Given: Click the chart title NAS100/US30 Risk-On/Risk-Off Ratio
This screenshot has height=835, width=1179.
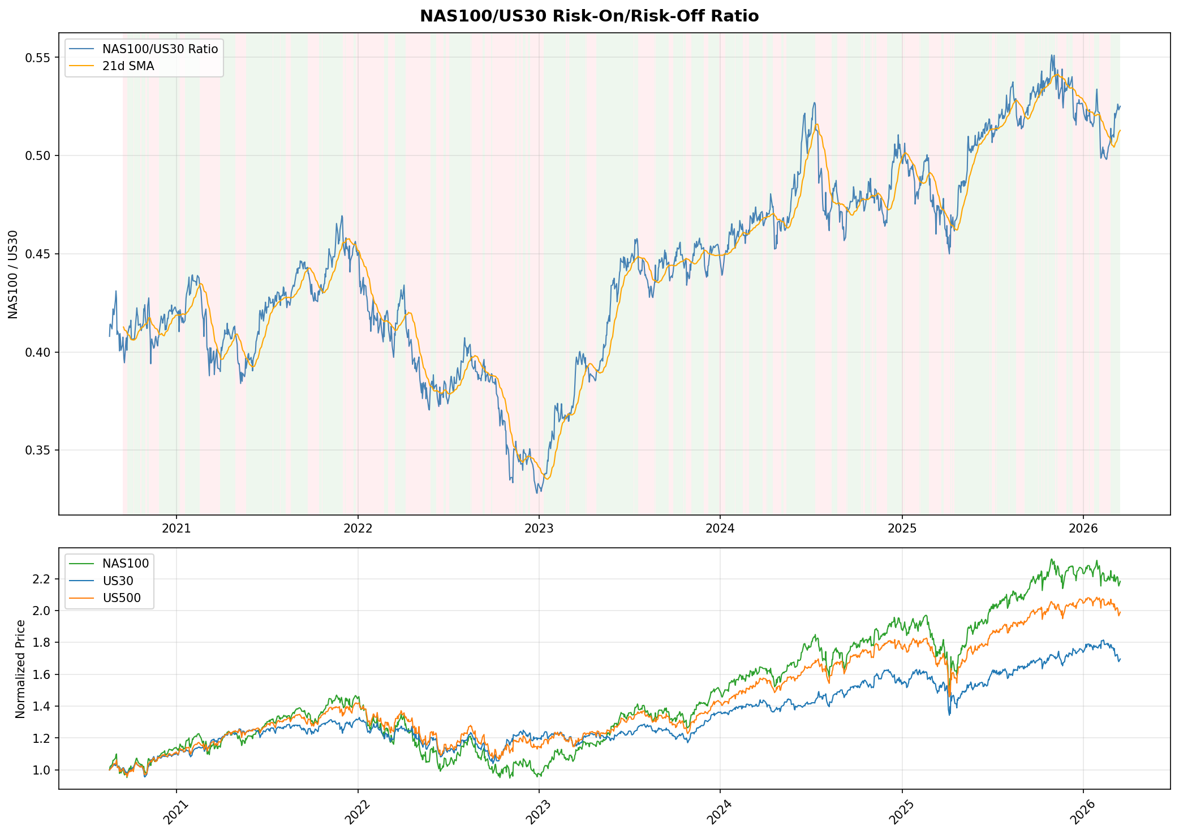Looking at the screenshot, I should point(589,16).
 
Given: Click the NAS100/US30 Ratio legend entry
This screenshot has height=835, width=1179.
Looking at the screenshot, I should point(160,49).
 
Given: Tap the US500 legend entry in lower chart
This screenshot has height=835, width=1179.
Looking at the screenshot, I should point(122,598).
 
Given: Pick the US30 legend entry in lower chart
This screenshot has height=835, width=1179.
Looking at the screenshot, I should point(118,581).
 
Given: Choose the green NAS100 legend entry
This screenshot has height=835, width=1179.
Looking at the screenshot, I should point(126,563).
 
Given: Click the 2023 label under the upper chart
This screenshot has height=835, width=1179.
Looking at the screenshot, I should point(539,530).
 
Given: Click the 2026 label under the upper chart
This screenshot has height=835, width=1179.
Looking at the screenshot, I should point(1082,530).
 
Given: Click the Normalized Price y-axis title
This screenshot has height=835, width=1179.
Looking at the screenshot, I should point(20,669).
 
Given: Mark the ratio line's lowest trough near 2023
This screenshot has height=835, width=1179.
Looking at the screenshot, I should point(537,492).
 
